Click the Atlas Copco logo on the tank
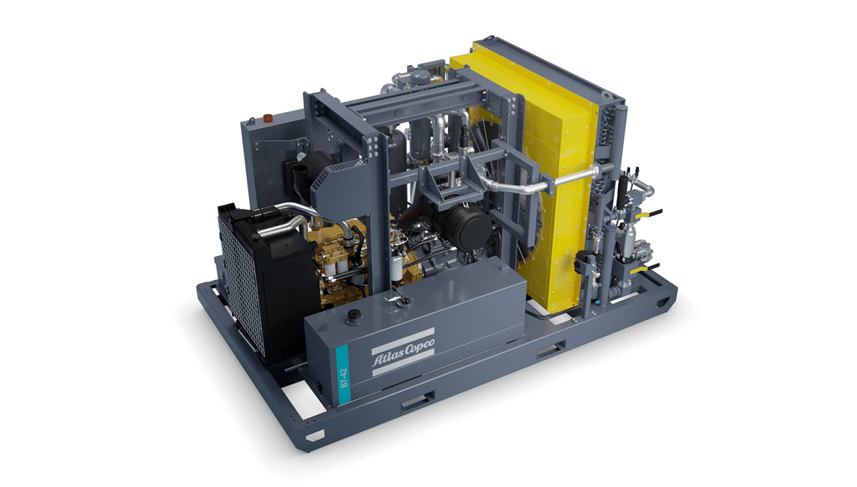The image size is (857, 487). point(403,352)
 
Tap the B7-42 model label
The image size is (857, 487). point(345,378)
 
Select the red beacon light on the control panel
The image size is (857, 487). point(268,117)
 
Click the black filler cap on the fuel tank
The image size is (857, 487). point(352,315)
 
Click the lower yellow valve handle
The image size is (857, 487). point(645,268)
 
